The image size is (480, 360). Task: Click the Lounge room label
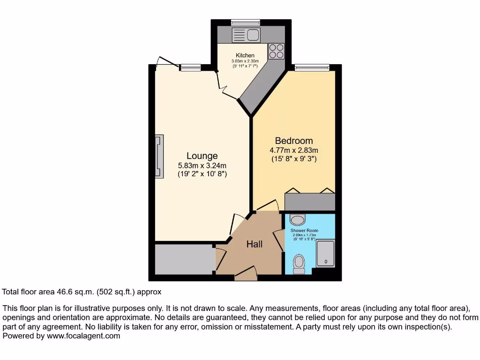point(202,156)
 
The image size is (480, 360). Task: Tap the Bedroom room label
point(294,141)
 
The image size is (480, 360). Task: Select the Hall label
point(255,244)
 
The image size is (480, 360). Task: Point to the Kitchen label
point(245,56)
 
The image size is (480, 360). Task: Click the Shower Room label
point(304,231)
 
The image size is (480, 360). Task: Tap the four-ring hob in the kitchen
point(276,51)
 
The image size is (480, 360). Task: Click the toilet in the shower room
point(299,264)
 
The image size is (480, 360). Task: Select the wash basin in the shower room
point(297,219)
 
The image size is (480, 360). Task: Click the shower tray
point(325,254)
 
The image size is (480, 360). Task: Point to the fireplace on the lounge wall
point(160,156)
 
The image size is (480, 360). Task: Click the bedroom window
point(312,67)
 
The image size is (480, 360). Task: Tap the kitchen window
point(246,22)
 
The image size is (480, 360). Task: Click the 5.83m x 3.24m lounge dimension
point(202,165)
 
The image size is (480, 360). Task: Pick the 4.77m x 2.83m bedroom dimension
point(294,150)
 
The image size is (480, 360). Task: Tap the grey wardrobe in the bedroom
point(310,202)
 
